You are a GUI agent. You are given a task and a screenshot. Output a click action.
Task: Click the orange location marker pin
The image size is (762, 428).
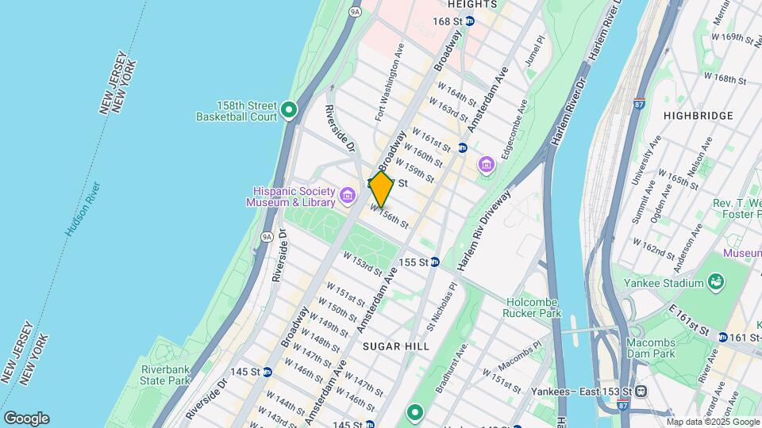tap(381, 189)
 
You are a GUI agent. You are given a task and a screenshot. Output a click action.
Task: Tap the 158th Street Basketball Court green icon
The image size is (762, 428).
tap(289, 111)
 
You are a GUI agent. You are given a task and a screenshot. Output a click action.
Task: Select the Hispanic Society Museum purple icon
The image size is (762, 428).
tap(347, 195)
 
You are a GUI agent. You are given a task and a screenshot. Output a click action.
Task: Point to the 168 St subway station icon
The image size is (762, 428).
tap(469, 21)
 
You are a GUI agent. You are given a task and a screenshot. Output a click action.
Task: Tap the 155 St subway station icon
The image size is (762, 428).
tap(435, 262)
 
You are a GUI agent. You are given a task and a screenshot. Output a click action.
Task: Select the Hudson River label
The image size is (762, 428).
tap(83, 209)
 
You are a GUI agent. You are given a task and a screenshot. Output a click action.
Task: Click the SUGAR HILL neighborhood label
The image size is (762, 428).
tap(395, 346)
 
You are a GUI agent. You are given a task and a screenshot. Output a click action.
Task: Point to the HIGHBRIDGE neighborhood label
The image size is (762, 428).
tap(698, 116)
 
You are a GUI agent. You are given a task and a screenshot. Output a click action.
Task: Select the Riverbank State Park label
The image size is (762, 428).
tap(166, 375)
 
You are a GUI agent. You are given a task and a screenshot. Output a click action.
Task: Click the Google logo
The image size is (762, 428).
tap(26, 418)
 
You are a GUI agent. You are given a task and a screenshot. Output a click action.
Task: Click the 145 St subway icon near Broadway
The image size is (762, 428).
tap(267, 372)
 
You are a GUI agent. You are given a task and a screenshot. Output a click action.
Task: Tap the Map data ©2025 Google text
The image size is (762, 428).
tap(711, 422)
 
